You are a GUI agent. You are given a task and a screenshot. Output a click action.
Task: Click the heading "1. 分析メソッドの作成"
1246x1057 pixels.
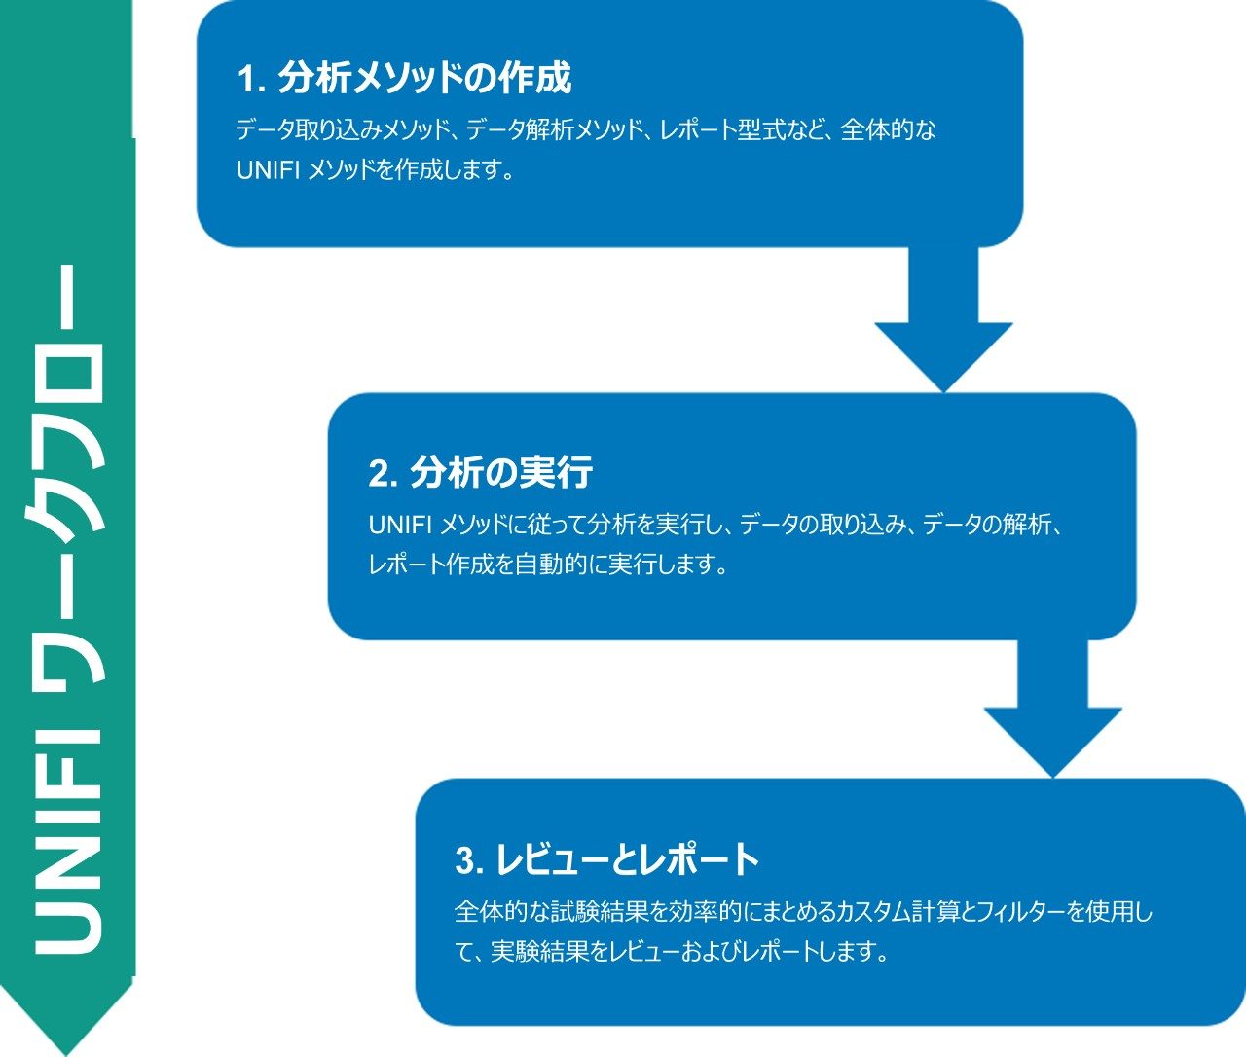click(404, 79)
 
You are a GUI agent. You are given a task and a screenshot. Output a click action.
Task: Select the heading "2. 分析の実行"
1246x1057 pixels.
click(481, 473)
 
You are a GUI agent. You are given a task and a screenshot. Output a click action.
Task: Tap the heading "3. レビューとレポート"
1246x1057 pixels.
click(606, 859)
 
